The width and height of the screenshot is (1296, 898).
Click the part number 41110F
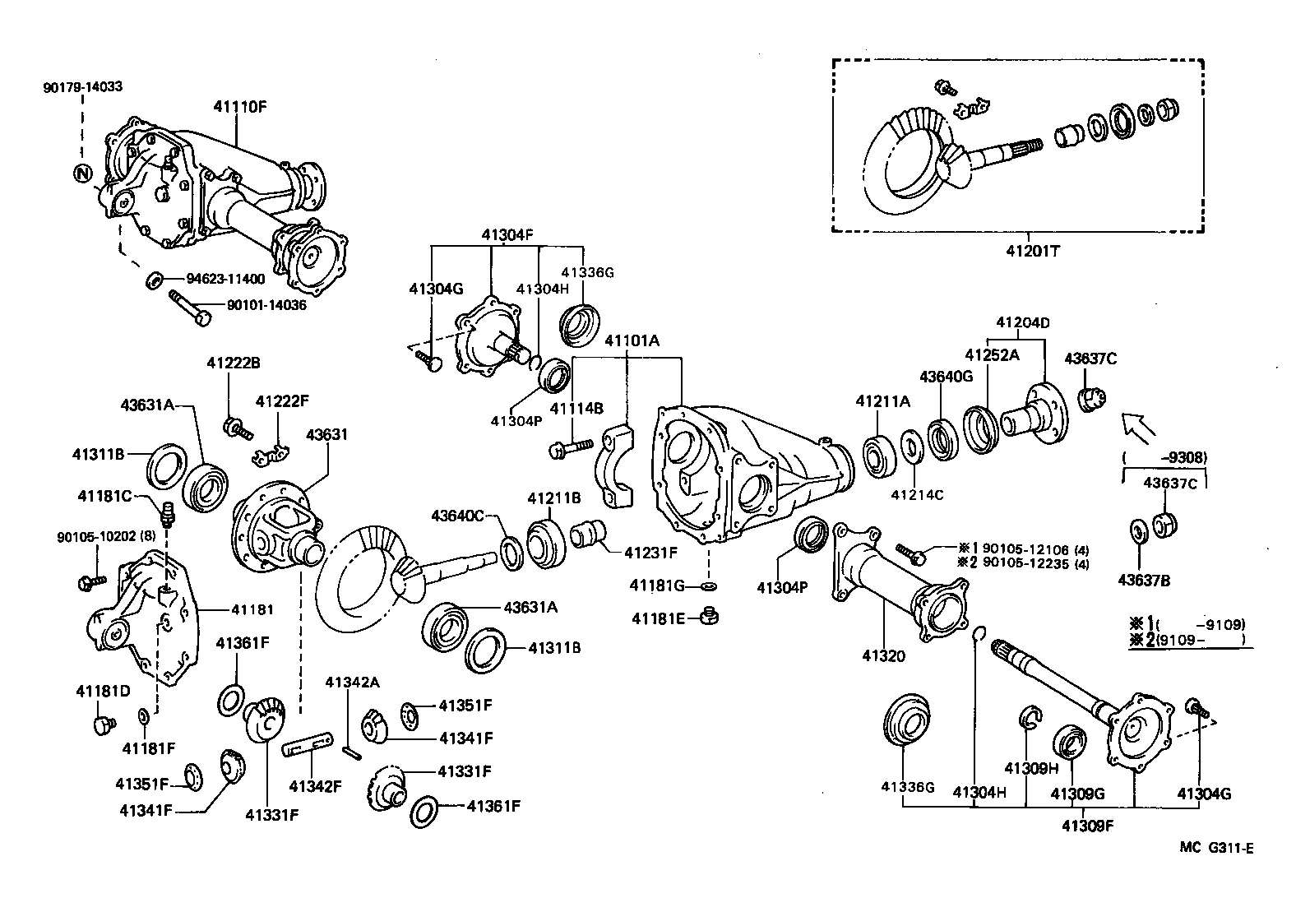pos(240,106)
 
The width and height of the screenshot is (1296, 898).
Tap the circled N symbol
pos(84,173)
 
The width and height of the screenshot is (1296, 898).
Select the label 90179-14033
pos(82,86)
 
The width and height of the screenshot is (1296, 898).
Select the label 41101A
pos(632,340)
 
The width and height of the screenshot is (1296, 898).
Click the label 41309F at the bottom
pos(1083,825)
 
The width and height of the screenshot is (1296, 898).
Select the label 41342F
pos(314,785)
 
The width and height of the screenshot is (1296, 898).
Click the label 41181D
pos(103,691)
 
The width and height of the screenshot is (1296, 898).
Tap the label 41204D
pos(1022,322)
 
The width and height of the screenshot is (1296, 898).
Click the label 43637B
pos(1143,581)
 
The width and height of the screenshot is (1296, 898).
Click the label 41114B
pos(576,409)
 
